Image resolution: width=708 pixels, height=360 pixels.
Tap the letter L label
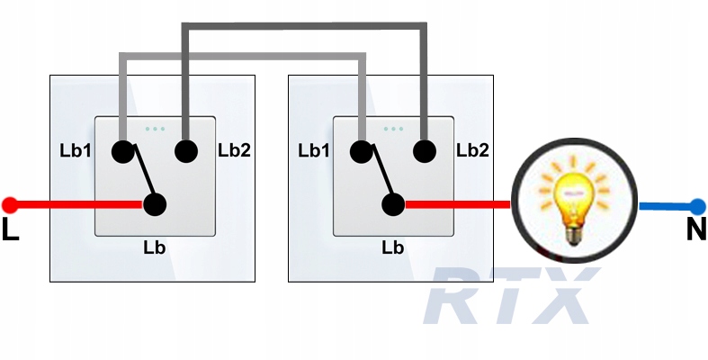(x=10, y=230)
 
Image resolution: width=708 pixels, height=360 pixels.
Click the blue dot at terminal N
(x=695, y=205)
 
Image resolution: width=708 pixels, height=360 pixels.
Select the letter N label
(x=695, y=230)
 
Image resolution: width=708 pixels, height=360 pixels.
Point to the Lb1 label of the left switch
(x=77, y=149)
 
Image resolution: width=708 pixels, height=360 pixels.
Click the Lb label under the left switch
(x=154, y=244)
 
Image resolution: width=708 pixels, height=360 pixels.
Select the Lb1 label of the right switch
(x=316, y=149)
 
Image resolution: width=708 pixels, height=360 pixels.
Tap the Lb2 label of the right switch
(x=472, y=149)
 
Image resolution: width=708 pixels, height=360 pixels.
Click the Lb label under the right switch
(x=392, y=244)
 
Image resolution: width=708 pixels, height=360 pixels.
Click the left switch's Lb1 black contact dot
(x=122, y=150)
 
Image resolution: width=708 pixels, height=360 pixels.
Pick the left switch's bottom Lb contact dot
(x=155, y=204)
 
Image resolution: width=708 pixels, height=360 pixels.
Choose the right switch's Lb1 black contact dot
(x=361, y=150)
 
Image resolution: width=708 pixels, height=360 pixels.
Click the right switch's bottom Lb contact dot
(x=393, y=204)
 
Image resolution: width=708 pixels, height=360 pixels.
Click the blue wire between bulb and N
(x=664, y=205)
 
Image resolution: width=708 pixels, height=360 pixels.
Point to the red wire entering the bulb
(x=459, y=204)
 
